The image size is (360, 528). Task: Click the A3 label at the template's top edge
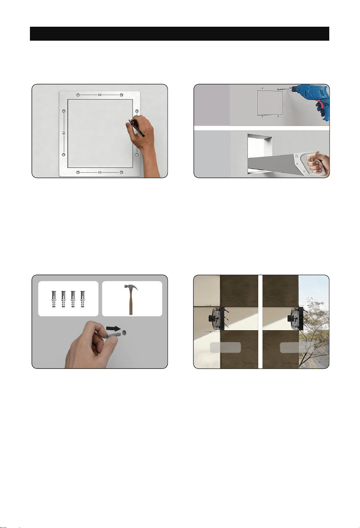[99, 95]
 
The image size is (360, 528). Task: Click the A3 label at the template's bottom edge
[99, 172]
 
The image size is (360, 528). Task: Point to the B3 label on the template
[64, 133]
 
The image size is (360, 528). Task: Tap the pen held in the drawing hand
[136, 128]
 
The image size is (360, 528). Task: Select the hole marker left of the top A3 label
[78, 95]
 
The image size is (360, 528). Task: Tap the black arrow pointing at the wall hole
[113, 328]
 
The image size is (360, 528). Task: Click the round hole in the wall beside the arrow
[124, 333]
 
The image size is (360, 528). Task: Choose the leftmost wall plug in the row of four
[53, 299]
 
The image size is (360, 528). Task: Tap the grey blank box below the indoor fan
[225, 347]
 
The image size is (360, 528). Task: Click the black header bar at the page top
[180, 34]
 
